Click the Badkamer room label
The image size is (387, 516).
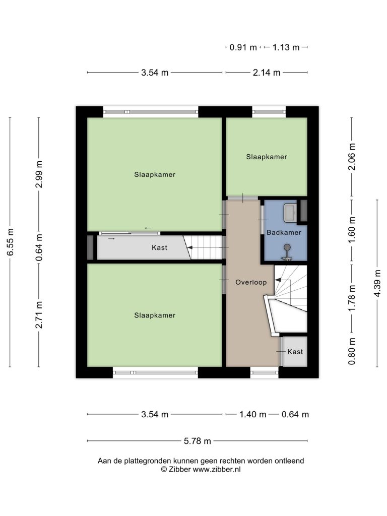pyautogui.click(x=284, y=232)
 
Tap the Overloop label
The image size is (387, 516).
pyautogui.click(x=251, y=282)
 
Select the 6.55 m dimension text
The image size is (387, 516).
pyautogui.click(x=10, y=242)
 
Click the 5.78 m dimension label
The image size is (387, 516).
pyautogui.click(x=197, y=441)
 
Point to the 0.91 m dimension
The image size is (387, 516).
pyautogui.click(x=243, y=47)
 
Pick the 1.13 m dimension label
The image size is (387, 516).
pyautogui.click(x=286, y=47)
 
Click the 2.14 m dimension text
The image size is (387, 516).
pyautogui.click(x=266, y=73)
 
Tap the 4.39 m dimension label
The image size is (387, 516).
pyautogui.click(x=377, y=283)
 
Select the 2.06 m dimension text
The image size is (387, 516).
pyautogui.click(x=352, y=157)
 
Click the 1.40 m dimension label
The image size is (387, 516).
pyautogui.click(x=252, y=414)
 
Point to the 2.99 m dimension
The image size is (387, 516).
pyautogui.click(x=39, y=174)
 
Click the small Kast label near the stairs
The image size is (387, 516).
pyautogui.click(x=295, y=352)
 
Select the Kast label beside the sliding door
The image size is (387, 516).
pyautogui.click(x=159, y=247)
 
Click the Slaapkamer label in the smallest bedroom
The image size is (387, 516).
pyautogui.click(x=267, y=157)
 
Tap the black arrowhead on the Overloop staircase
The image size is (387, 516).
pyautogui.click(x=278, y=280)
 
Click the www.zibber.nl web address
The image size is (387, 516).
pyautogui.click(x=217, y=470)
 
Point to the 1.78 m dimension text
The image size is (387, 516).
pyautogui.click(x=352, y=297)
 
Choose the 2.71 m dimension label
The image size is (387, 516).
pyautogui.click(x=39, y=314)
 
